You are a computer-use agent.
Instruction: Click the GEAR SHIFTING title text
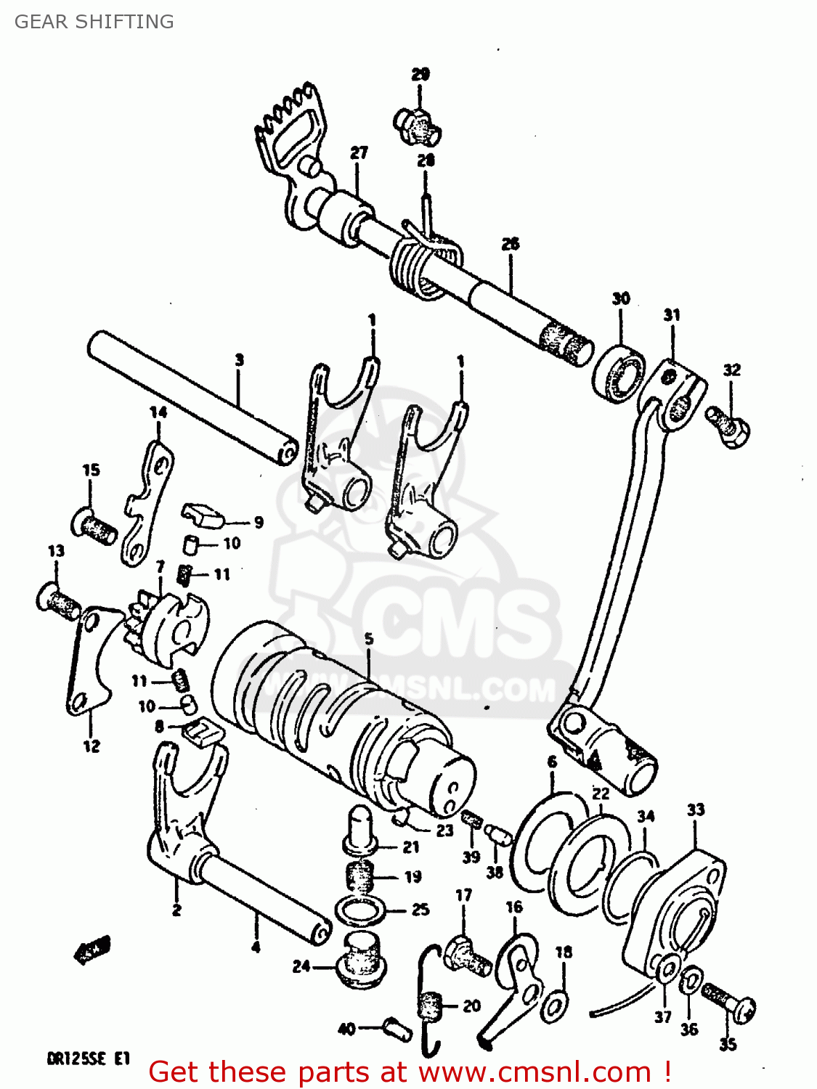click(94, 22)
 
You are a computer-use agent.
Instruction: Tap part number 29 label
click(420, 74)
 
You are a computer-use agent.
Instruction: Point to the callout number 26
click(511, 244)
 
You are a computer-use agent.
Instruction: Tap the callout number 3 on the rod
click(239, 359)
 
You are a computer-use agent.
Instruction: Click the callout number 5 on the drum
click(369, 639)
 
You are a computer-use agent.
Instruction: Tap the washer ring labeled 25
click(360, 910)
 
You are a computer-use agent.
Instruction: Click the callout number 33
click(696, 809)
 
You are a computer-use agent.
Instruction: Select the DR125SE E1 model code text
click(89, 1059)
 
